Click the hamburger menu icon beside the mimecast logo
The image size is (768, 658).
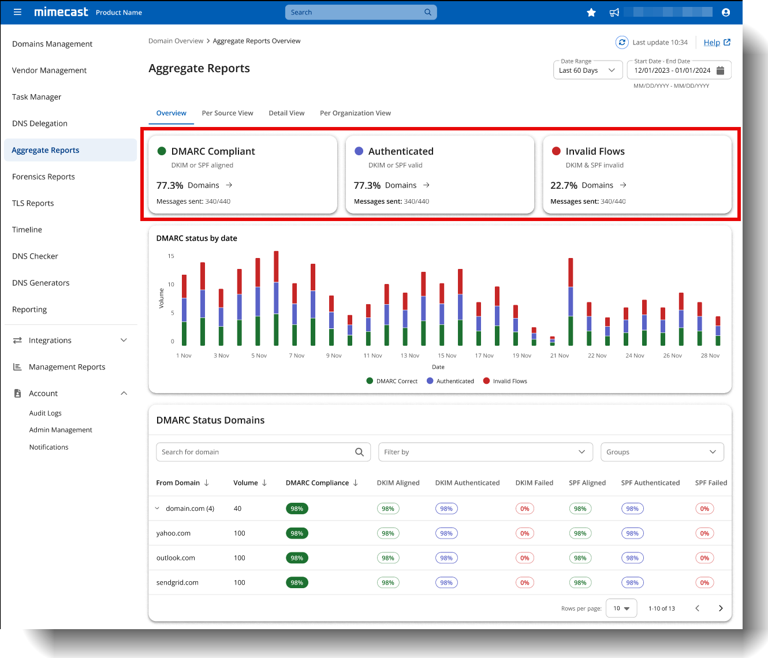click(17, 12)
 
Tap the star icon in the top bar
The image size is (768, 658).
click(591, 13)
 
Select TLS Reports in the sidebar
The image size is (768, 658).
click(33, 203)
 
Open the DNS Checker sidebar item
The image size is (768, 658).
click(35, 256)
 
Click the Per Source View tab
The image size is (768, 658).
click(228, 113)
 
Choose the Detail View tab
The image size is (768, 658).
click(286, 113)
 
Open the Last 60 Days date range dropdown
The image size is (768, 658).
click(587, 70)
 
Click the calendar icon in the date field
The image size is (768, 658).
click(720, 70)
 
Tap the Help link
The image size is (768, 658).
click(712, 43)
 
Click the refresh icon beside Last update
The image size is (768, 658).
click(622, 42)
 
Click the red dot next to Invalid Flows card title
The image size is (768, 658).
click(556, 151)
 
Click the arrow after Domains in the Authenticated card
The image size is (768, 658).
click(426, 185)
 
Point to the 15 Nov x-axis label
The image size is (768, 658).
click(447, 356)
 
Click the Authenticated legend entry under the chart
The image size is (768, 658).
click(450, 381)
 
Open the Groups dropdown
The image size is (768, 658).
click(662, 452)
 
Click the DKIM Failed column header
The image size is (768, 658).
click(534, 483)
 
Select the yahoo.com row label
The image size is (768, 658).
click(173, 533)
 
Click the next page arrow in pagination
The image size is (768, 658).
click(721, 608)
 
